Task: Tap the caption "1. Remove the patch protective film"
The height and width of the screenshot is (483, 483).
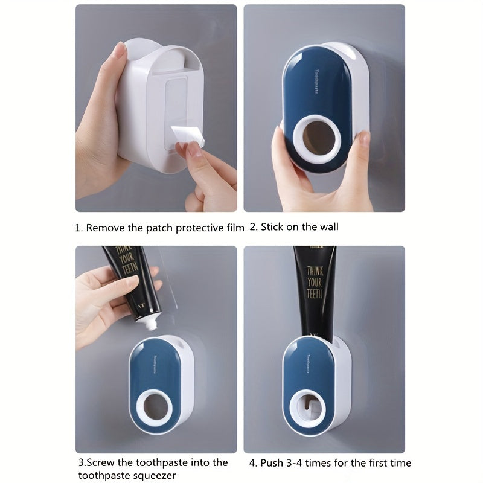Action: click(159, 228)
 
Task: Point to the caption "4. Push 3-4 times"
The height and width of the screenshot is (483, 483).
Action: click(329, 463)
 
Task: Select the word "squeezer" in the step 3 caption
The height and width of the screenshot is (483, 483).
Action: click(156, 476)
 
